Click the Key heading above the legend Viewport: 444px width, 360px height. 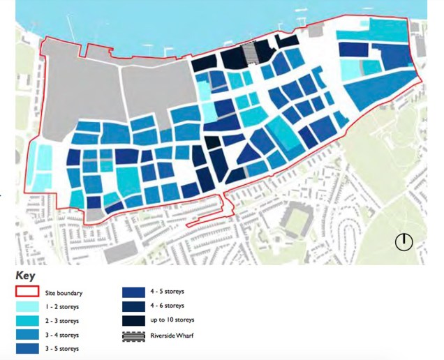click(x=25, y=276)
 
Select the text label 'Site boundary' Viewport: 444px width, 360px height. click(x=73, y=292)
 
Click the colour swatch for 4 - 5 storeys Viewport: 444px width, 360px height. click(x=132, y=292)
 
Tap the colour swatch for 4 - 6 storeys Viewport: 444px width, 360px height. click(x=132, y=306)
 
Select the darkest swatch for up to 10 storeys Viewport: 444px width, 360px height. click(x=132, y=320)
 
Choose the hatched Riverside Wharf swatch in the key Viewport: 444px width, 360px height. click(x=132, y=334)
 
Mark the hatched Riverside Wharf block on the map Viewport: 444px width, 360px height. click(x=249, y=53)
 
